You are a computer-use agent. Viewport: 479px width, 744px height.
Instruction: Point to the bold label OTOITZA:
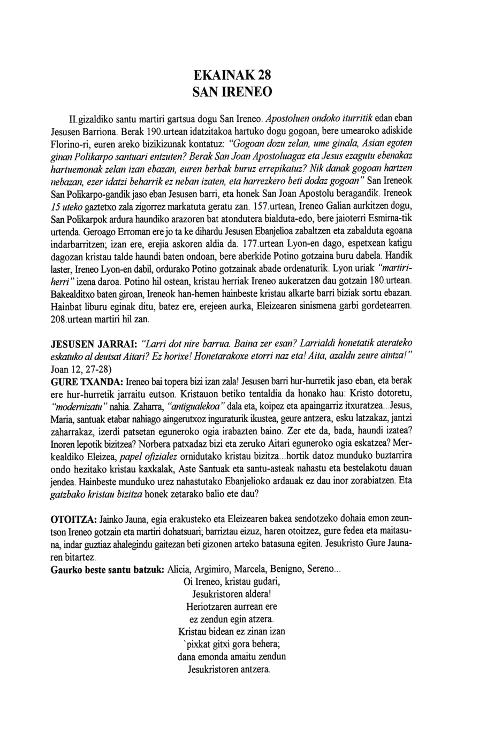click(73, 519)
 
